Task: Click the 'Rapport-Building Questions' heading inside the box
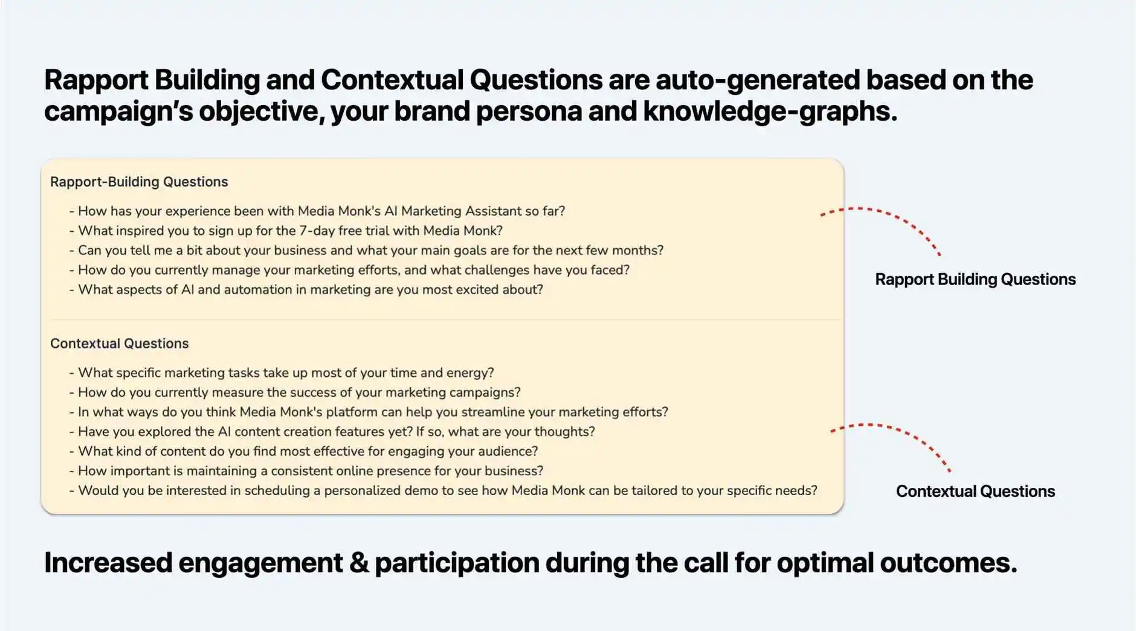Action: point(139,182)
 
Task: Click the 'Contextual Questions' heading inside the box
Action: point(120,344)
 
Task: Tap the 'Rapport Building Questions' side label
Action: point(975,279)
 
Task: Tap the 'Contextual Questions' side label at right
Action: point(975,491)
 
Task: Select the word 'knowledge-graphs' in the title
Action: point(770,111)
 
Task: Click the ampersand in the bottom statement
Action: point(358,563)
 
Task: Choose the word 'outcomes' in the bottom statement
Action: point(948,563)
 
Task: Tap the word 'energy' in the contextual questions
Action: point(469,373)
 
